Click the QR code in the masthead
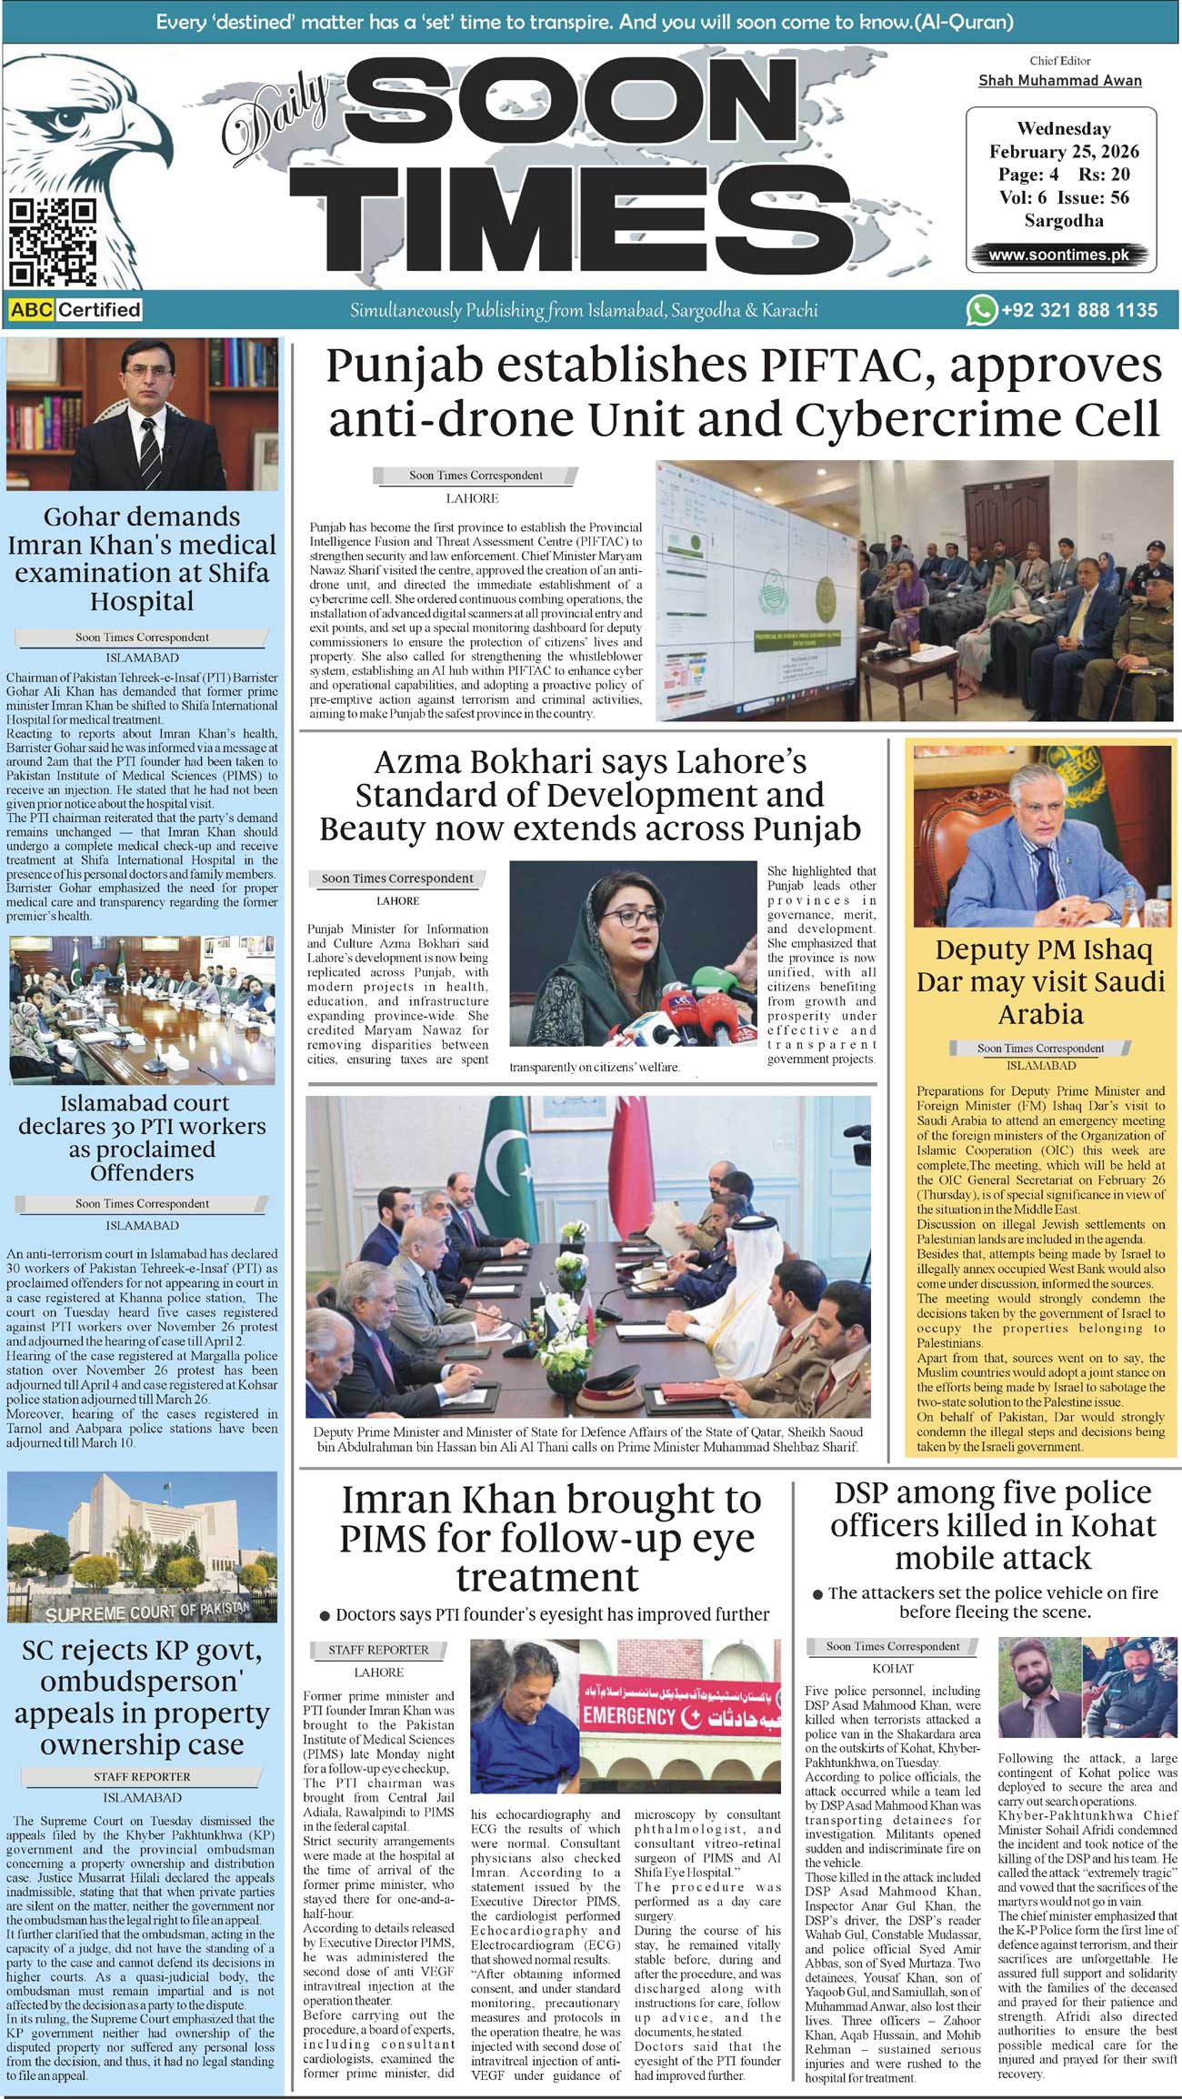[x=52, y=242]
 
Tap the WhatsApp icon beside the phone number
[x=980, y=310]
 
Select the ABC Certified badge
[x=75, y=310]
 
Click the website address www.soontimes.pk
[x=1058, y=255]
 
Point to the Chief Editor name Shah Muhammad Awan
[x=1059, y=81]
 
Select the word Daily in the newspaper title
[x=274, y=117]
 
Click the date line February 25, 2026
[x=1064, y=152]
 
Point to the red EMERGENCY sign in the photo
[x=629, y=1716]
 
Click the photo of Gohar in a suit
[x=142, y=415]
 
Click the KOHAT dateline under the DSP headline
[x=892, y=1669]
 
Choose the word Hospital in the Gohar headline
[x=142, y=601]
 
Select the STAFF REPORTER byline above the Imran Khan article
[x=378, y=1650]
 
